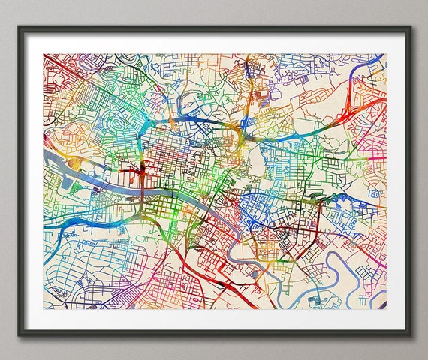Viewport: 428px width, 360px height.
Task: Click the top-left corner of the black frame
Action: (20, 28)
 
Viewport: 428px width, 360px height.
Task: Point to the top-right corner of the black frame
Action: (409, 28)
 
